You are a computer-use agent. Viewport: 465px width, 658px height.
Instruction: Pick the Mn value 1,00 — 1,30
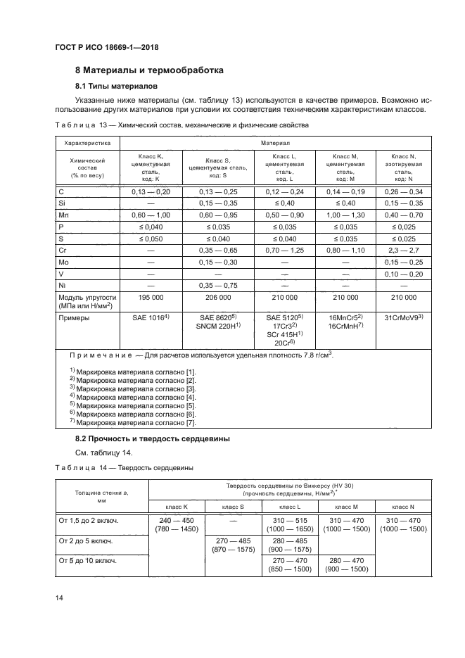(345, 215)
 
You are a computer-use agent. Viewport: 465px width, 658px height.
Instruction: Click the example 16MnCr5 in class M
(344, 318)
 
